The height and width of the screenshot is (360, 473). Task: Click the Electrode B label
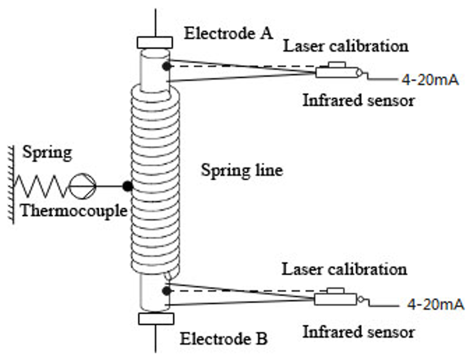coord(223,340)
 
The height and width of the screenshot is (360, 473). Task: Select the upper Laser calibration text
coord(345,47)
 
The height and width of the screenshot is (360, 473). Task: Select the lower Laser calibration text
coord(344,269)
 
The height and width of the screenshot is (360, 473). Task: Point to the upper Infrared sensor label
coord(359,100)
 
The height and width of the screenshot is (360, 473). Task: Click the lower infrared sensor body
coord(333,298)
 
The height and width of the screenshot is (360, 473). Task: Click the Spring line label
coord(241,170)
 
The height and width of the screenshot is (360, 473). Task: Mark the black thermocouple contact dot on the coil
coord(127,186)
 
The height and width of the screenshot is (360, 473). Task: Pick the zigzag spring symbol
coord(41,186)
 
